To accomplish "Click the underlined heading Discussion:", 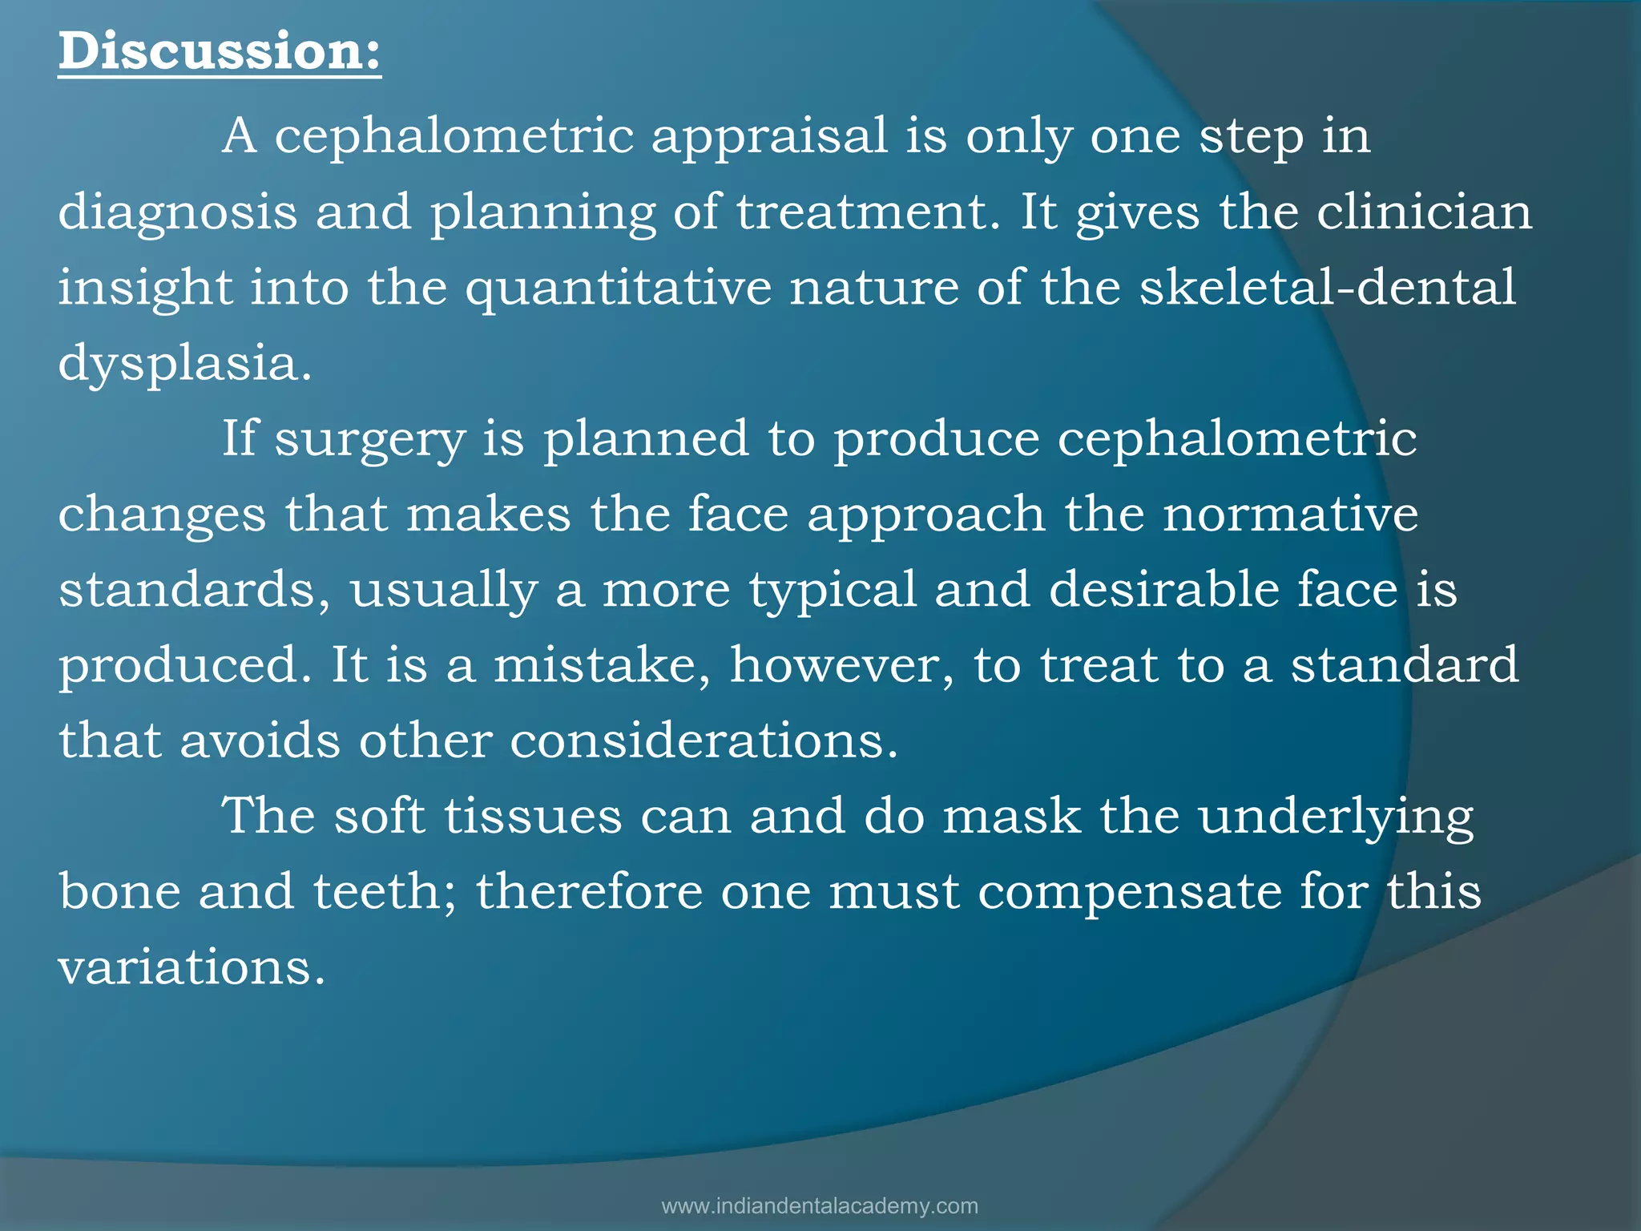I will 220,51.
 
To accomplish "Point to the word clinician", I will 1424,212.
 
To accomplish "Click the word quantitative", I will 619,289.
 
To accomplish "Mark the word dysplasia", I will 184,364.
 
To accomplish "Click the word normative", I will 1290,514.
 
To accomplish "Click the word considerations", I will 704,741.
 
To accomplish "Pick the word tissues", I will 533,816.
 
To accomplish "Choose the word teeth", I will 385,892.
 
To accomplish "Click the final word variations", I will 191,967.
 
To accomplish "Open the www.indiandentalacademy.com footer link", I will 820,1206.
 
